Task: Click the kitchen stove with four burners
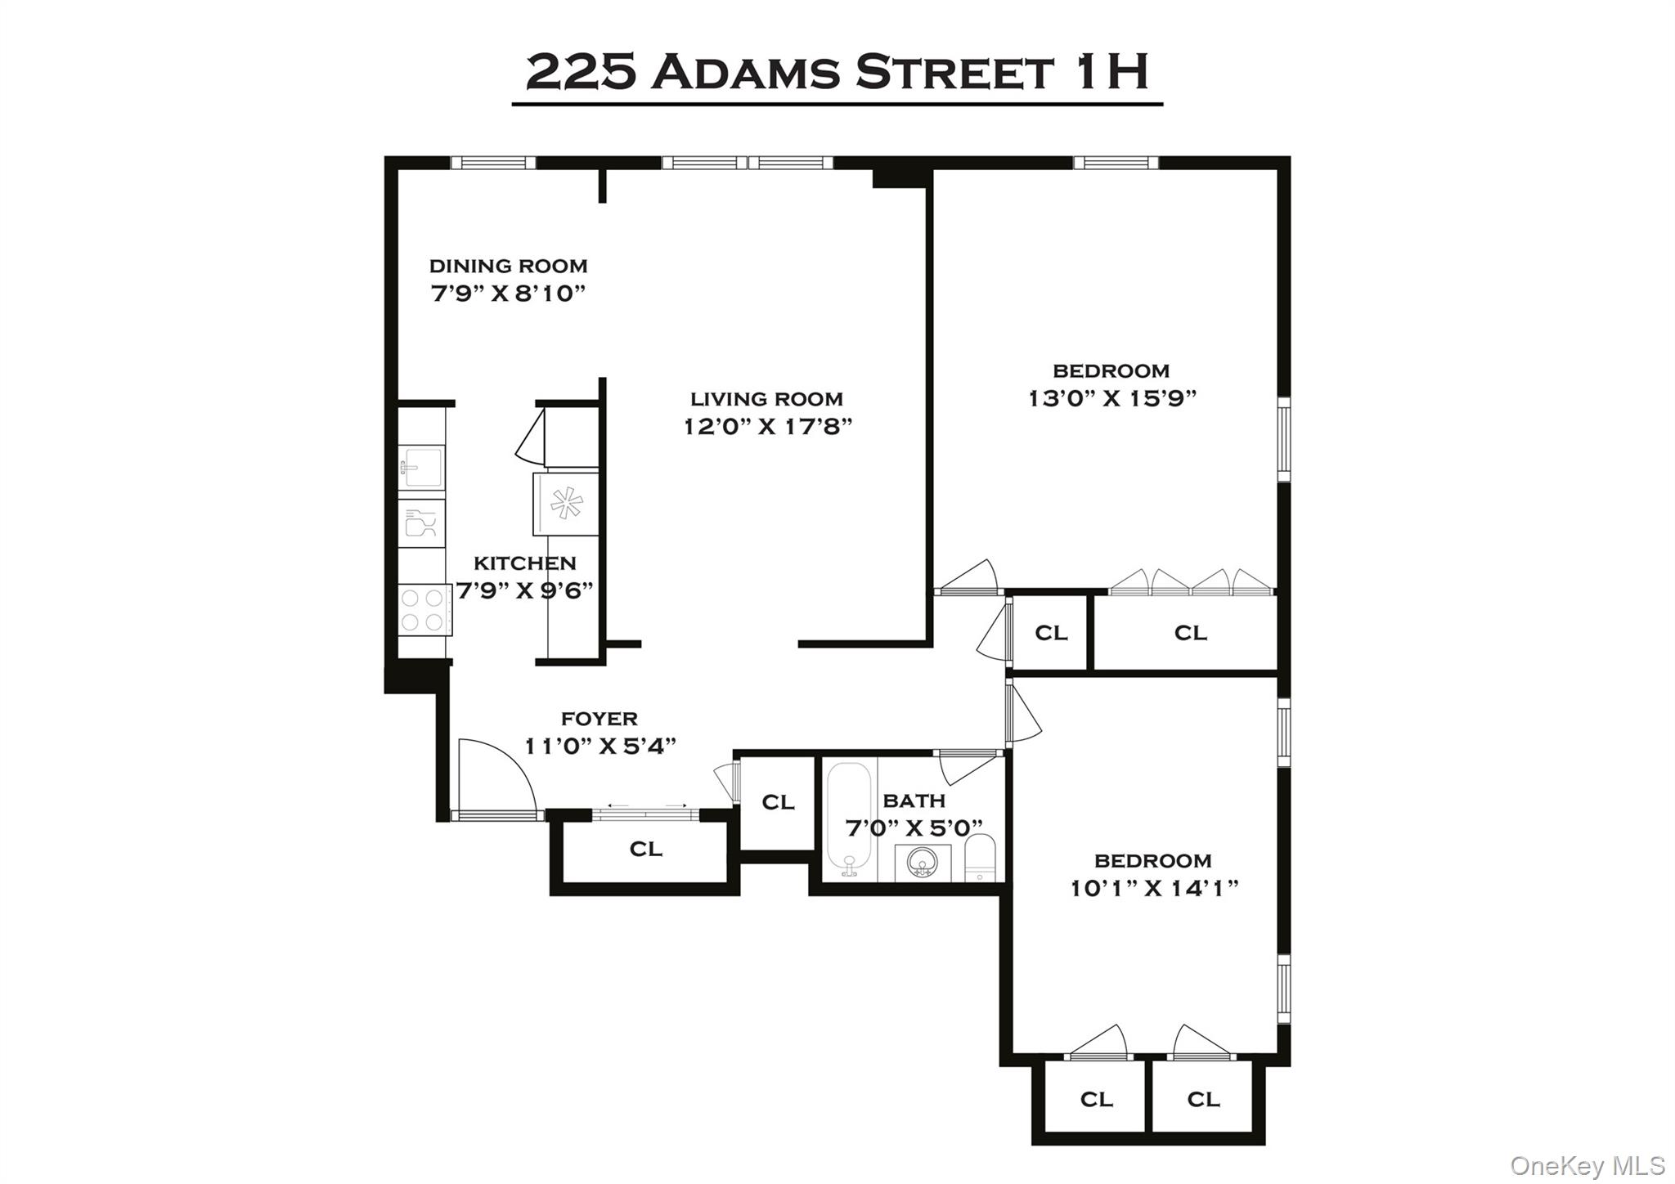click(424, 610)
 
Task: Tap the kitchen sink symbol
click(421, 468)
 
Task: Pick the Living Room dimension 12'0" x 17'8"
click(768, 427)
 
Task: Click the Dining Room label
click(508, 266)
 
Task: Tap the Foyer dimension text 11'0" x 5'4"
click(600, 746)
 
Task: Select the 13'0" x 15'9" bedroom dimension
click(1111, 398)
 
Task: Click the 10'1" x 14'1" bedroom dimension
click(1154, 888)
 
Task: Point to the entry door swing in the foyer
click(495, 777)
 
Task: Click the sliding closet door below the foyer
click(646, 814)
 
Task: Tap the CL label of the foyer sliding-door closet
click(645, 850)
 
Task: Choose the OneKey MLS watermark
click(1587, 1164)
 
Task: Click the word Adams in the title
click(746, 74)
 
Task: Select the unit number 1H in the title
click(1111, 72)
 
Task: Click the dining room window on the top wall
click(493, 163)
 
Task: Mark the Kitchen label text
click(524, 563)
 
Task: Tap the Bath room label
click(914, 801)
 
